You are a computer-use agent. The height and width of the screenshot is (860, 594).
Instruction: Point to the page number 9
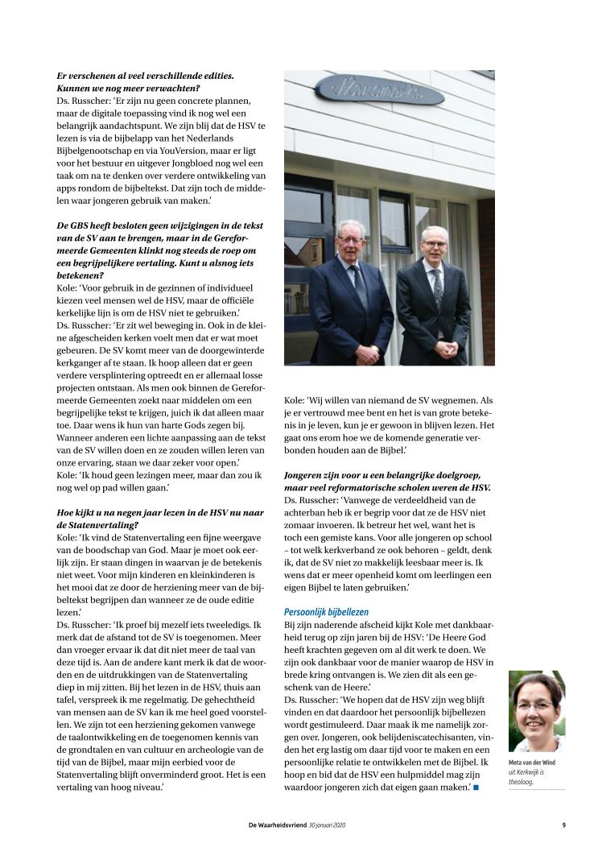(563, 824)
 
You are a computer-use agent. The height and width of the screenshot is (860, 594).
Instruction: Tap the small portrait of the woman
(536, 712)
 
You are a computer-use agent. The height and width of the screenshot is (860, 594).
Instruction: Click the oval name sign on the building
(380, 89)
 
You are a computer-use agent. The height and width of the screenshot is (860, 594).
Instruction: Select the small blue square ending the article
(476, 787)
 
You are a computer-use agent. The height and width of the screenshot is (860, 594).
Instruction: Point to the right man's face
(435, 246)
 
